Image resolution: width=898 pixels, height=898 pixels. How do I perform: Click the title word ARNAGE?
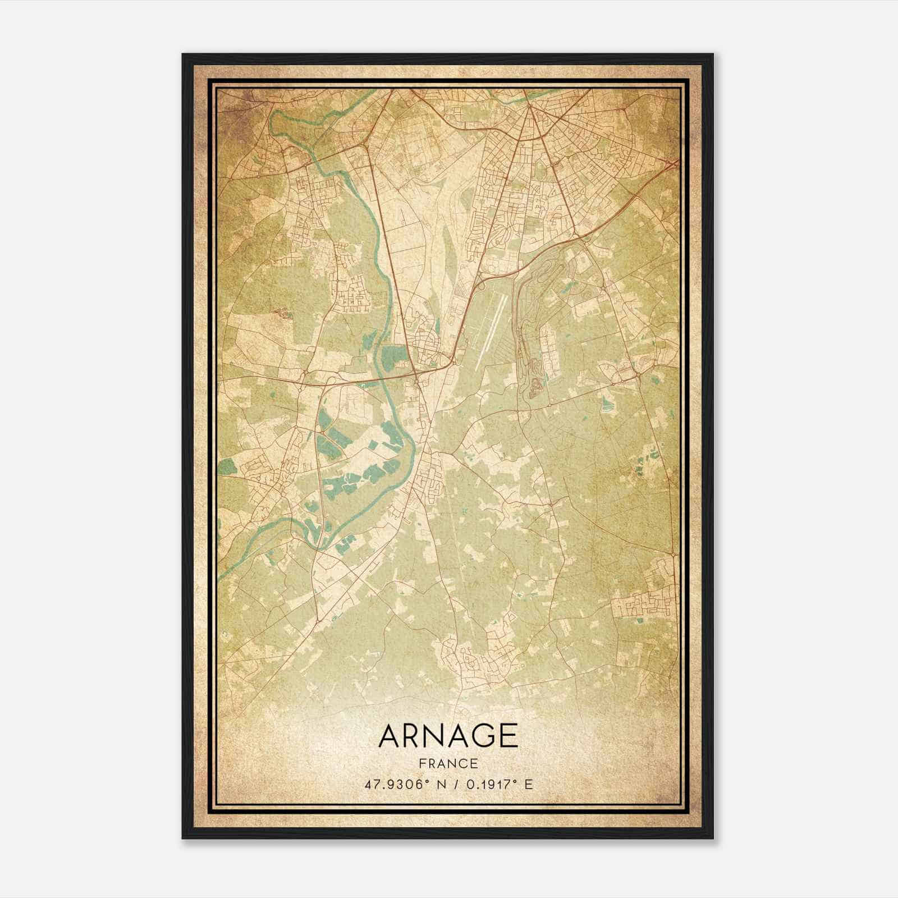point(448,736)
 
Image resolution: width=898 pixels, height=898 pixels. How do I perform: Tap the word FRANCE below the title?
point(448,763)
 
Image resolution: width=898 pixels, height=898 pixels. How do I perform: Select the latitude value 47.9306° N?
point(401,785)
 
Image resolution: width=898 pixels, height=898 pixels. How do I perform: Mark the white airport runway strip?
point(492,331)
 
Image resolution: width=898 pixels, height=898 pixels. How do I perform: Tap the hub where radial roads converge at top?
point(528,107)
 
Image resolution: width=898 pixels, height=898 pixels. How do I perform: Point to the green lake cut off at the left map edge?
point(225,466)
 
